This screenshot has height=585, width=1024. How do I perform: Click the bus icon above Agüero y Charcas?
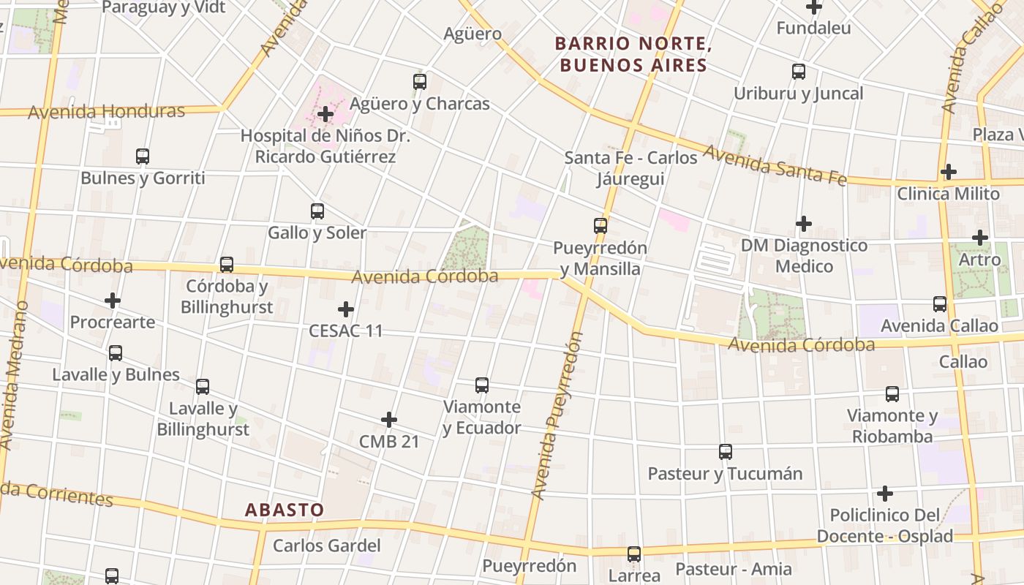click(x=420, y=82)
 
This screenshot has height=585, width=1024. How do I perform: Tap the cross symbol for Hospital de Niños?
click(x=326, y=114)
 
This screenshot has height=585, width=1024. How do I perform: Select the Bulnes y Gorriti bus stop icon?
click(x=143, y=156)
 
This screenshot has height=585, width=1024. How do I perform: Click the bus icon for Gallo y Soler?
click(x=317, y=211)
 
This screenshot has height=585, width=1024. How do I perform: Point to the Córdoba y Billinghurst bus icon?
click(x=227, y=265)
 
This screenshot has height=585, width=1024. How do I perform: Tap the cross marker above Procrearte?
click(x=113, y=301)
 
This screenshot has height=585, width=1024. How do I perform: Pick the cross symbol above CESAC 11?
click(x=346, y=309)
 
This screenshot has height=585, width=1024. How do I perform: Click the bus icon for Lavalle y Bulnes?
click(x=116, y=353)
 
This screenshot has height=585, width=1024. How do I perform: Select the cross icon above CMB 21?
click(x=389, y=420)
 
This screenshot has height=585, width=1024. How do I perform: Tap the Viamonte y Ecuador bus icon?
click(x=482, y=385)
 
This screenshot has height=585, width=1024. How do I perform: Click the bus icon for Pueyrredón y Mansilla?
click(x=601, y=226)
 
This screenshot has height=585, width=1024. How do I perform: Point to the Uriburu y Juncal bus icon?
click(x=799, y=72)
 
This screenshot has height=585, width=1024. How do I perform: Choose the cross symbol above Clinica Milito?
click(x=949, y=173)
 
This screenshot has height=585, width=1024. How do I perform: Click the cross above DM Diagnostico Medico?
click(x=804, y=224)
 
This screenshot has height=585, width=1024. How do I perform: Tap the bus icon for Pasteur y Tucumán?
click(x=726, y=452)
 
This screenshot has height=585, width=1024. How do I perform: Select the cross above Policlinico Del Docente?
click(x=885, y=494)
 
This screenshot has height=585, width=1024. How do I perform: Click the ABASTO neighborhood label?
click(x=285, y=510)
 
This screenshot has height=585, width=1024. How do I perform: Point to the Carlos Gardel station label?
click(x=327, y=546)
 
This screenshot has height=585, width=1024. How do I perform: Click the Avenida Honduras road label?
click(x=107, y=112)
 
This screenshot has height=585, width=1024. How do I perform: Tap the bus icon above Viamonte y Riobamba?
click(x=892, y=394)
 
